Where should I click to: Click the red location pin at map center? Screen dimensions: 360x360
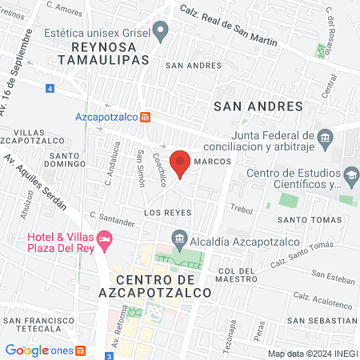click(181, 162)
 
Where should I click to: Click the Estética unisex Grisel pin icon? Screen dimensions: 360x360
click(161, 34)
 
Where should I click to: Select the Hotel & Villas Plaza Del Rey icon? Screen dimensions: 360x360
click(104, 238)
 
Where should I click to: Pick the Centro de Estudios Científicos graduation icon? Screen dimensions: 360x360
click(350, 175)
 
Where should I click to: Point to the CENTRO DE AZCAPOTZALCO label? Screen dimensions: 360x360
click(163, 286)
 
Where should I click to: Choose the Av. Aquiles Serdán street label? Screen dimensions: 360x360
click(36, 176)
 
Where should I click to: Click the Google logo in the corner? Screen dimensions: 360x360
click(26, 350)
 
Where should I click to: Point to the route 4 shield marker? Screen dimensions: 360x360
click(50, 87)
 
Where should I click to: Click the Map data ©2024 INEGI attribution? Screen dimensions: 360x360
click(312, 353)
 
